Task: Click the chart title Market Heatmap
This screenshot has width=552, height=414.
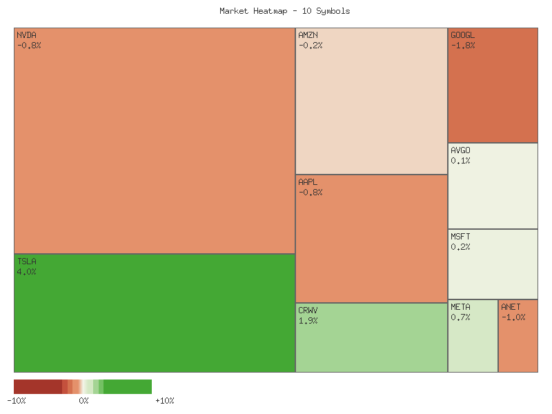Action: [285, 11]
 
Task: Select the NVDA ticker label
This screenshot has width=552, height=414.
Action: [26, 34]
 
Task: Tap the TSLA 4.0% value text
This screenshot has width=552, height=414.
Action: [26, 272]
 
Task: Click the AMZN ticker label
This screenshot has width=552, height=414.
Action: [308, 34]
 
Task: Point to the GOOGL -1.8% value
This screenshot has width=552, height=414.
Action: [462, 46]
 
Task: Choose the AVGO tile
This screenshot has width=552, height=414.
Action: [493, 186]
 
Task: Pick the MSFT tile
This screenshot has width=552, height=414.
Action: [493, 264]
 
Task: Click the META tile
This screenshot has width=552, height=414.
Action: [473, 336]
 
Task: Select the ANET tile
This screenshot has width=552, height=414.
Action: [517, 336]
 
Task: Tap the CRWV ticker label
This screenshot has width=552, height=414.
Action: [308, 310]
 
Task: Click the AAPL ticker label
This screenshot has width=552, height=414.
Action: [308, 181]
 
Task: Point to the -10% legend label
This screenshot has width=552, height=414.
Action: [17, 401]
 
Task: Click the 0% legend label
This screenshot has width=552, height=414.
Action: [83, 401]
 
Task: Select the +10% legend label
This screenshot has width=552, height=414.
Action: [165, 401]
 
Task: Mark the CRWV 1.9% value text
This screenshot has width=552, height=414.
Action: [308, 321]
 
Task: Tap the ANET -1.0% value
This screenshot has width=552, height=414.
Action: [513, 317]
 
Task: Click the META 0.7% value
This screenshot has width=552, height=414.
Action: [460, 317]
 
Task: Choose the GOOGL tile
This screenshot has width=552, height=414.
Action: [493, 86]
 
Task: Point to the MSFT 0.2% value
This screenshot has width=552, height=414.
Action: [460, 247]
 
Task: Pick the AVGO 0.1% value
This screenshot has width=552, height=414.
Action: [460, 161]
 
